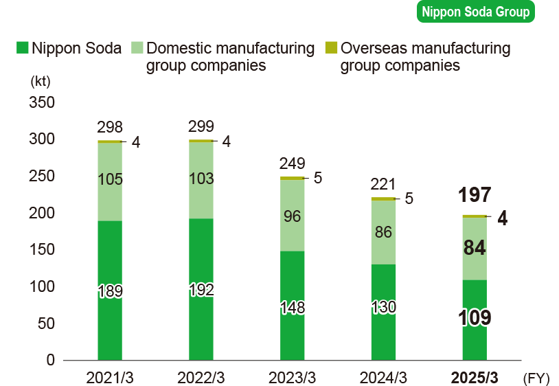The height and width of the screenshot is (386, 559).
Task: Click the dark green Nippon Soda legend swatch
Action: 22,48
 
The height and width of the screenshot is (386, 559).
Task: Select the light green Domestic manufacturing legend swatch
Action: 136,48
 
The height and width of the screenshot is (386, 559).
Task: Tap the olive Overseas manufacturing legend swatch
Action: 331,48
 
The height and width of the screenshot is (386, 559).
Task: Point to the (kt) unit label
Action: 41,81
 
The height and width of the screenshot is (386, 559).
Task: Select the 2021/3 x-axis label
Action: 109,377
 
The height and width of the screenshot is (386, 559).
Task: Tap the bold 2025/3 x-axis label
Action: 474,377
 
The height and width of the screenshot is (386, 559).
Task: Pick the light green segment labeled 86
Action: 383,232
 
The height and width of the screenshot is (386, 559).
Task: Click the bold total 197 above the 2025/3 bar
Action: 475,195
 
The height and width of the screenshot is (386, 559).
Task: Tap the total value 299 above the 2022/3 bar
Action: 201,126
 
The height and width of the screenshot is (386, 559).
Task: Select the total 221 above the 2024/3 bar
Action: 383,183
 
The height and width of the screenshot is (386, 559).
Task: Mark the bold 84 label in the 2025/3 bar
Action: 475,248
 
